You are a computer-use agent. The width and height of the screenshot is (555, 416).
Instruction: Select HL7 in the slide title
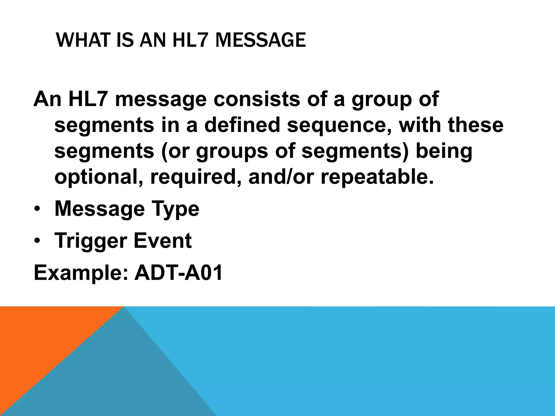[190, 40]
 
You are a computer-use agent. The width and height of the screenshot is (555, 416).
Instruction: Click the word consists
[257, 99]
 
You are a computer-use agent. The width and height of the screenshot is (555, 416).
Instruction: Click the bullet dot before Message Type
[37, 209]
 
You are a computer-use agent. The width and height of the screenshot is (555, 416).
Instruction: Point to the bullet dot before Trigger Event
[37, 241]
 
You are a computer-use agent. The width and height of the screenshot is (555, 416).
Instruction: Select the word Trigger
[91, 241]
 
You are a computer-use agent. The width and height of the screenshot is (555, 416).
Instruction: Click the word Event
[163, 240]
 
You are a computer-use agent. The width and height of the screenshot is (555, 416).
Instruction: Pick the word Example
[80, 273]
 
